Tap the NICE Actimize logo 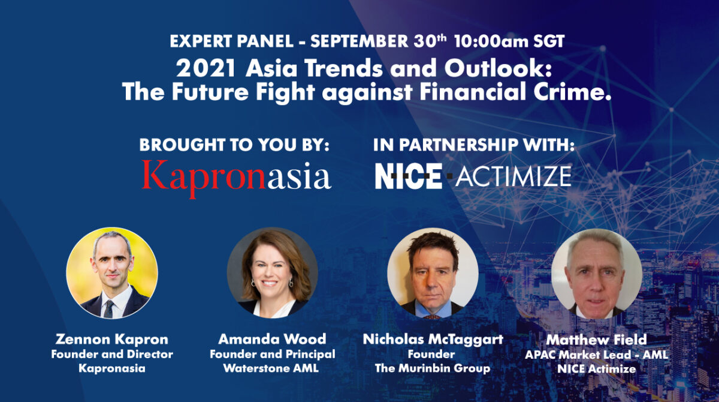[x=473, y=176]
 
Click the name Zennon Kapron [x=112, y=340]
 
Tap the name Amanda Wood [x=273, y=340]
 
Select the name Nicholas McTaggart [x=433, y=340]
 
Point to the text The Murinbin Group [x=432, y=368]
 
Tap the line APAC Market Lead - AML [x=596, y=355]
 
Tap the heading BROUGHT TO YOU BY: [x=235, y=145]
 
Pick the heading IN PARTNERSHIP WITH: [x=474, y=145]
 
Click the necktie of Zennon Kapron [x=108, y=308]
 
